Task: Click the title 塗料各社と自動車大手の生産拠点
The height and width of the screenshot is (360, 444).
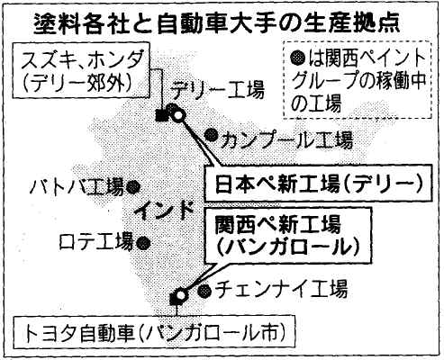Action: pos(216,23)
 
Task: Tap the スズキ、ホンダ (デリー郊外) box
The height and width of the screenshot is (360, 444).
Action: pos(81,69)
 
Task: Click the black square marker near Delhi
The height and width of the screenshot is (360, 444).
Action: pos(162,116)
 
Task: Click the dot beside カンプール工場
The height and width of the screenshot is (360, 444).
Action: pos(212,135)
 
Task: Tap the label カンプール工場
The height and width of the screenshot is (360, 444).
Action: pos(286,140)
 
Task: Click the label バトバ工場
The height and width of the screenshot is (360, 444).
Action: pos(77,186)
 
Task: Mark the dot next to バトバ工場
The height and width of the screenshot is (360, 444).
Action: pos(133,187)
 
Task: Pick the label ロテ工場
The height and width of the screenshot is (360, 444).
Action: pos(96,241)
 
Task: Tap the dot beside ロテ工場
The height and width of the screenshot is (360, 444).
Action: pos(142,242)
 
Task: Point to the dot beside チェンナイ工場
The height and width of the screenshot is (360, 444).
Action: pos(205,290)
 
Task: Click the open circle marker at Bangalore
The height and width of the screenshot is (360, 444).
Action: pos(181,295)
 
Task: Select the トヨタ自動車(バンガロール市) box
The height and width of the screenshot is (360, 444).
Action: pos(154,332)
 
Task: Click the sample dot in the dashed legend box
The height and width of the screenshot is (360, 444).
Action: pos(298,58)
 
